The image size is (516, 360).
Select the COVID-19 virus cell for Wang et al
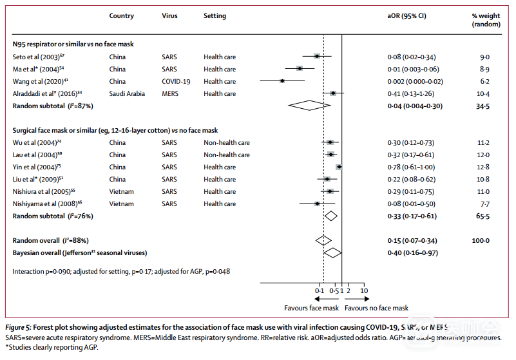click(x=176, y=81)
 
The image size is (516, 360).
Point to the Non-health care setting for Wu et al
click(x=227, y=142)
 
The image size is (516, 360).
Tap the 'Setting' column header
click(x=215, y=15)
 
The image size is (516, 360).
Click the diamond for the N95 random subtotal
click(x=310, y=106)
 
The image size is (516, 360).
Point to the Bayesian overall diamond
click(x=332, y=252)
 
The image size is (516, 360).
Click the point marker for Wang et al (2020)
click(x=282, y=81)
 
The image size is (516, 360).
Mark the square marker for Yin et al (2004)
click(x=338, y=167)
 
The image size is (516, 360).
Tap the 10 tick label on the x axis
click(x=364, y=291)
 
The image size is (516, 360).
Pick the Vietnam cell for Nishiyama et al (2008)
click(x=122, y=204)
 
